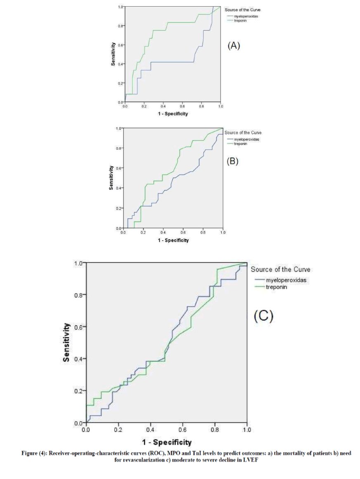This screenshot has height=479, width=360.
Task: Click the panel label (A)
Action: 234,46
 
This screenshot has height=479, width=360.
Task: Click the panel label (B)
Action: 232,162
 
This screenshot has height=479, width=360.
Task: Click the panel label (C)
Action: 263,316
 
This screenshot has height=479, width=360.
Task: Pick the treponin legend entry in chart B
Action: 240,144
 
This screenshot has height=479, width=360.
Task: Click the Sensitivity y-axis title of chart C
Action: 66,342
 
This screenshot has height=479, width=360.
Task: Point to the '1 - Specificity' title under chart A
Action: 173,114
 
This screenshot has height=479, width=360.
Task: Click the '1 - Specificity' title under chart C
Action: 167,443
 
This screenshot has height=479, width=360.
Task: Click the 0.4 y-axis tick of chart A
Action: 120,64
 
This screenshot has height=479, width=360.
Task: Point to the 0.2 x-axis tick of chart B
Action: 143,233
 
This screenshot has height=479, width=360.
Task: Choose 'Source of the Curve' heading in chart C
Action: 280,269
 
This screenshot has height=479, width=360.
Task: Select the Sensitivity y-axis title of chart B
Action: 111,178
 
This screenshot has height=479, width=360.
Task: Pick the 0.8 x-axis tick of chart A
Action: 201,106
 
